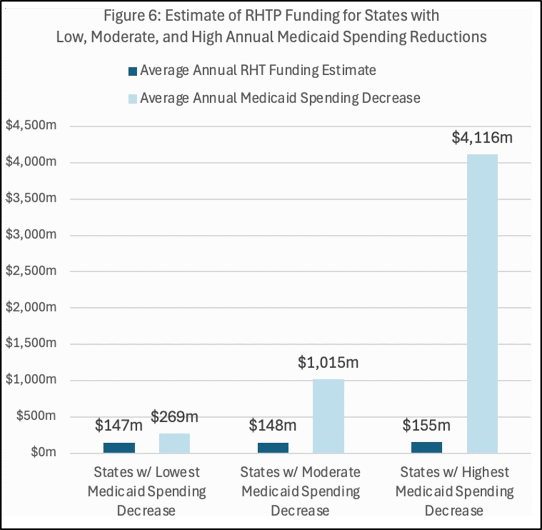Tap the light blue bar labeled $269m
point(174,443)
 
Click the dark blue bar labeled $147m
point(119,447)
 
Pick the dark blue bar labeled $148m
point(273,447)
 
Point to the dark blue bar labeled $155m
point(427,447)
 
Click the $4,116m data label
point(482,138)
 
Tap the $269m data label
point(174,417)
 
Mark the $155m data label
point(427,425)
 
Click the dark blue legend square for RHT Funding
point(133,71)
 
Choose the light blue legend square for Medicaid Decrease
point(133,99)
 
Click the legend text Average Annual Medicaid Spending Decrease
point(280,98)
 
